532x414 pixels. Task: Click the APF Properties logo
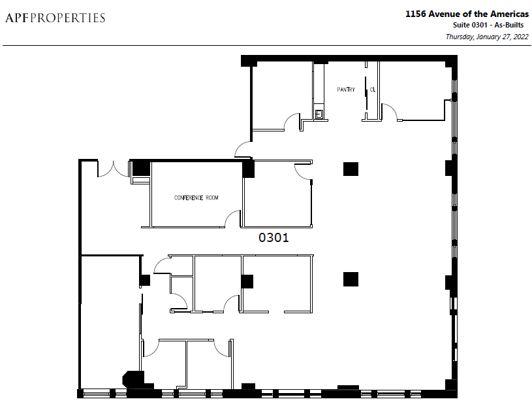pyautogui.click(x=55, y=18)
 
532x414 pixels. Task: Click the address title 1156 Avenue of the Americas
pyautogui.click(x=467, y=14)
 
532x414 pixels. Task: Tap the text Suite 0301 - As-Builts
pyautogui.click(x=488, y=25)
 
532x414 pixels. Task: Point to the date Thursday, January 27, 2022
pyautogui.click(x=487, y=37)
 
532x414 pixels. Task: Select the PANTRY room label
pyautogui.click(x=346, y=90)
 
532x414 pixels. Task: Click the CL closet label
pyautogui.click(x=373, y=90)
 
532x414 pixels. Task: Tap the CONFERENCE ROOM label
pyautogui.click(x=196, y=198)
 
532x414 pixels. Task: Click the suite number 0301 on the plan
pyautogui.click(x=274, y=237)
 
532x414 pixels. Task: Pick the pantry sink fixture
pyautogui.click(x=319, y=114)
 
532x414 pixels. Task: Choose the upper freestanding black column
pyautogui.click(x=351, y=169)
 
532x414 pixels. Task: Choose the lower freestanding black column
pyautogui.click(x=351, y=279)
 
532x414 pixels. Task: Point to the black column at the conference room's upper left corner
pyautogui.click(x=141, y=168)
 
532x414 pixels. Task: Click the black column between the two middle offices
pyautogui.click(x=247, y=281)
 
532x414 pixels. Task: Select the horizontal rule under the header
pyautogui.click(x=267, y=45)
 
